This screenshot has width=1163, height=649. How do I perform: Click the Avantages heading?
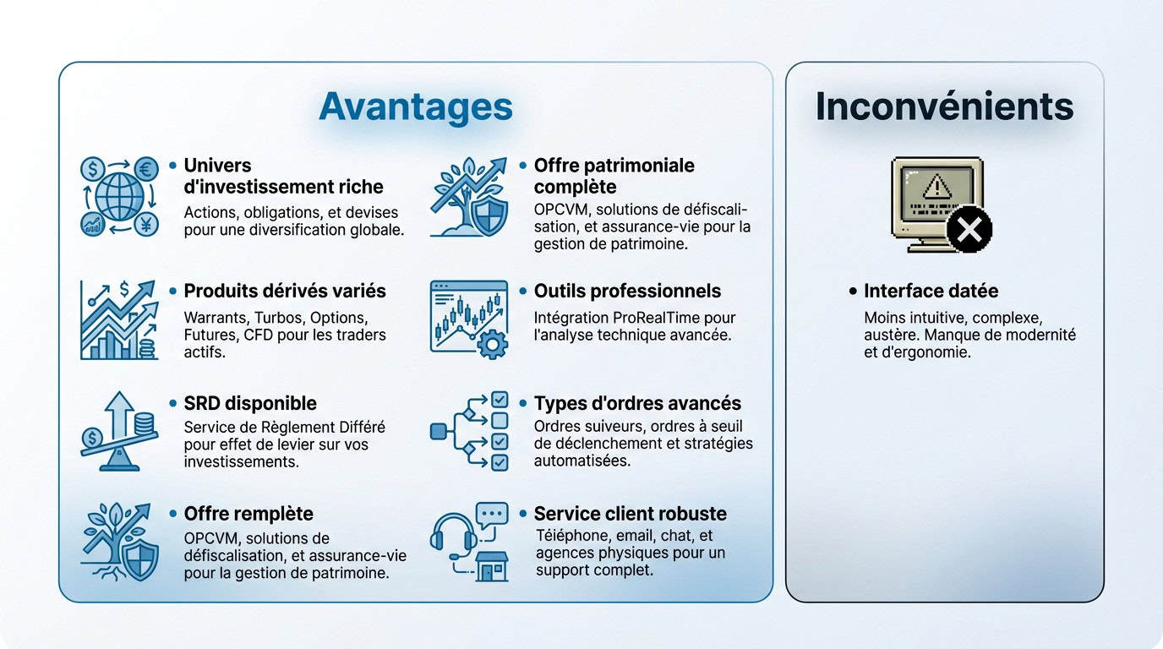tap(415, 106)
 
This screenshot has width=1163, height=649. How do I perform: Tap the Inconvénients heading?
tap(944, 106)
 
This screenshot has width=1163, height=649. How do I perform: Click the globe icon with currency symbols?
tap(119, 196)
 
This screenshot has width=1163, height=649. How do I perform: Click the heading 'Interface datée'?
tap(931, 292)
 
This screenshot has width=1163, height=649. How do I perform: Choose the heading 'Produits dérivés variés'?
tap(284, 292)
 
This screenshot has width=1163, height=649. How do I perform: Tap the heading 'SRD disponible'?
tap(250, 403)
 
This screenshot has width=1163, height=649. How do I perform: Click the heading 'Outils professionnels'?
tap(627, 292)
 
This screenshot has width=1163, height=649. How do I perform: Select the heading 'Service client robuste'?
tap(630, 514)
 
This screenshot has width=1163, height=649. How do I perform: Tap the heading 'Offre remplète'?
tap(248, 514)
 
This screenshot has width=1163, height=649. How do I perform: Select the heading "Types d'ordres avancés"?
tap(637, 403)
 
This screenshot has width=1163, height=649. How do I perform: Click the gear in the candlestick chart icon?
tap(493, 345)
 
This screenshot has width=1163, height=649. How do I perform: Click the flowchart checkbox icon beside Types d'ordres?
tap(469, 430)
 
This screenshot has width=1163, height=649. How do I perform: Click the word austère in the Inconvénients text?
tap(890, 335)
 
